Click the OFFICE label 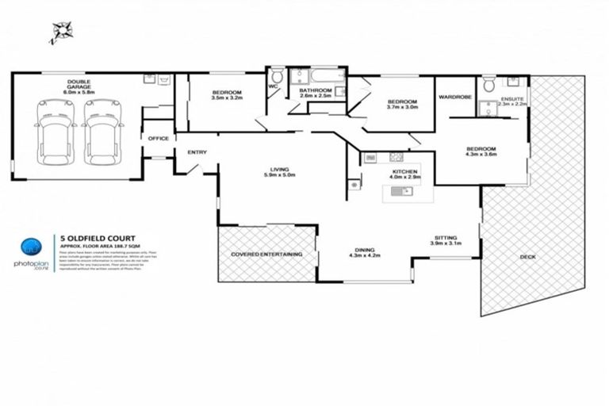pyautogui.click(x=158, y=139)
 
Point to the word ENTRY pyautogui.click(x=197, y=152)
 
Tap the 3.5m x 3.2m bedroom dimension pyautogui.click(x=227, y=98)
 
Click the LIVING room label pyautogui.click(x=280, y=169)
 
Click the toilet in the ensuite pyautogui.click(x=488, y=85)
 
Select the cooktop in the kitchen pyautogui.click(x=372, y=159)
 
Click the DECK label pyautogui.click(x=528, y=256)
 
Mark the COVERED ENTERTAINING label pyautogui.click(x=266, y=254)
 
